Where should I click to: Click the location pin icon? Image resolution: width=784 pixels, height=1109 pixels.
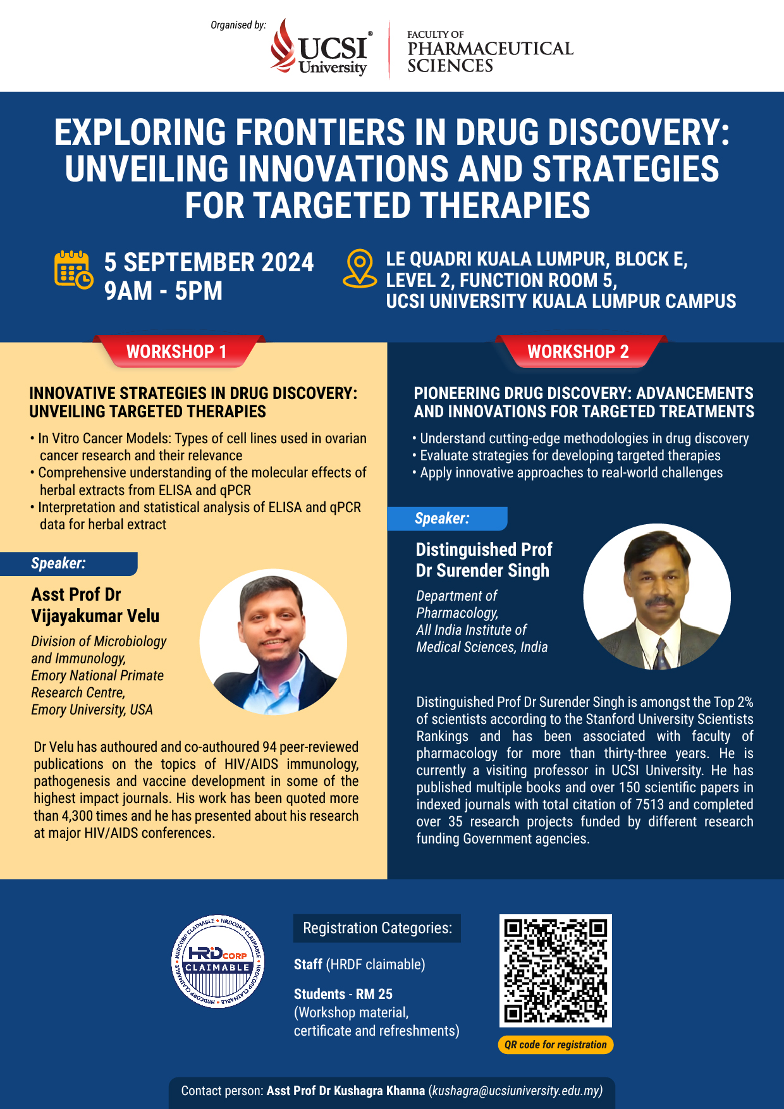[360, 268]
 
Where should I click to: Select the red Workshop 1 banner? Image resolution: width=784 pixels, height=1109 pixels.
[176, 352]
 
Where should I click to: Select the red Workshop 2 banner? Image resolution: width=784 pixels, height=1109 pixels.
[579, 352]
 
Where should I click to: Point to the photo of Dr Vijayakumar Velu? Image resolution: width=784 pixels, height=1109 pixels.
[273, 642]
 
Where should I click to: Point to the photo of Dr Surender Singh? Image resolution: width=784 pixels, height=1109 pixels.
[657, 596]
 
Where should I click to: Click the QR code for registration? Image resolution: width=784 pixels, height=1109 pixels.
[556, 971]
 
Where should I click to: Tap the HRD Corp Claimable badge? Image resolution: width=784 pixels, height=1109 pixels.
[218, 962]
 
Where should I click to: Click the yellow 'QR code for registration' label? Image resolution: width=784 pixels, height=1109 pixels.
[556, 1045]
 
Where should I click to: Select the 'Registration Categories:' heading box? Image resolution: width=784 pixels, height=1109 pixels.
[377, 928]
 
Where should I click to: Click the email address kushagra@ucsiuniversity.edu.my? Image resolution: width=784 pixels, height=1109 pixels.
[515, 1091]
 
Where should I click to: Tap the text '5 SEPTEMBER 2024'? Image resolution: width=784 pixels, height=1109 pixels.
[209, 262]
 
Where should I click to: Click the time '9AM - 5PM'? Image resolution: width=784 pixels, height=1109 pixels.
[164, 291]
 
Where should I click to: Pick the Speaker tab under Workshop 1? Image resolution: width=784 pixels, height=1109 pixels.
[69, 563]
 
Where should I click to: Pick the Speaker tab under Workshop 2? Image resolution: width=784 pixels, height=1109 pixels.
[447, 518]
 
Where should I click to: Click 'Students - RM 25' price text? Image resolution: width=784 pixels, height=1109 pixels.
[343, 994]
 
